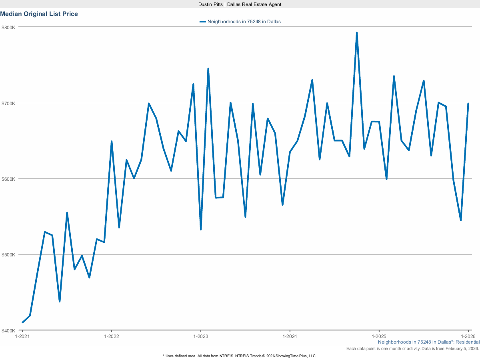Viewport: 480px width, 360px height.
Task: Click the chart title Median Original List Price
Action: (39, 14)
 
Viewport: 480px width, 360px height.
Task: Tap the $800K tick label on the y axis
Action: (8, 27)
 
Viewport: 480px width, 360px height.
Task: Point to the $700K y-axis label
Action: (8, 103)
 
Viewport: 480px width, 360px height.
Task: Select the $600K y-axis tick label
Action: (8, 179)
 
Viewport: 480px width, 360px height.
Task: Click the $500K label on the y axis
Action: (8, 255)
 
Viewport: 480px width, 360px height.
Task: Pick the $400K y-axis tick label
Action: (8, 330)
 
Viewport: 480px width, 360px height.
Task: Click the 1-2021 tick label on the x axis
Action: (22, 336)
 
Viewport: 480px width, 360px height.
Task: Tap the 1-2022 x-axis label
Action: (111, 336)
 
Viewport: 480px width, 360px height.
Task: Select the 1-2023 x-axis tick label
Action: (200, 336)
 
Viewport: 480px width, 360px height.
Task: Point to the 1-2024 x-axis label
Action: (290, 336)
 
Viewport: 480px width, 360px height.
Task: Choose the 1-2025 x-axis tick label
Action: (379, 336)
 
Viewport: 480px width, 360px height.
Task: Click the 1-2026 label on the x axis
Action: (468, 336)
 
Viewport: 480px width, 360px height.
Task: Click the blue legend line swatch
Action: (202, 22)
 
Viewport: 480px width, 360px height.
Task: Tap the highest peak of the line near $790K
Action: (356, 33)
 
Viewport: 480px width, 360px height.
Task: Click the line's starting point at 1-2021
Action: (22, 322)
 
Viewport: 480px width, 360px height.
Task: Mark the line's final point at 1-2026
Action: (468, 104)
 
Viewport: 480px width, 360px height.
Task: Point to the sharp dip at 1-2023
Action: (201, 229)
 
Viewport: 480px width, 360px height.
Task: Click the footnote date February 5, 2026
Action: (464, 349)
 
